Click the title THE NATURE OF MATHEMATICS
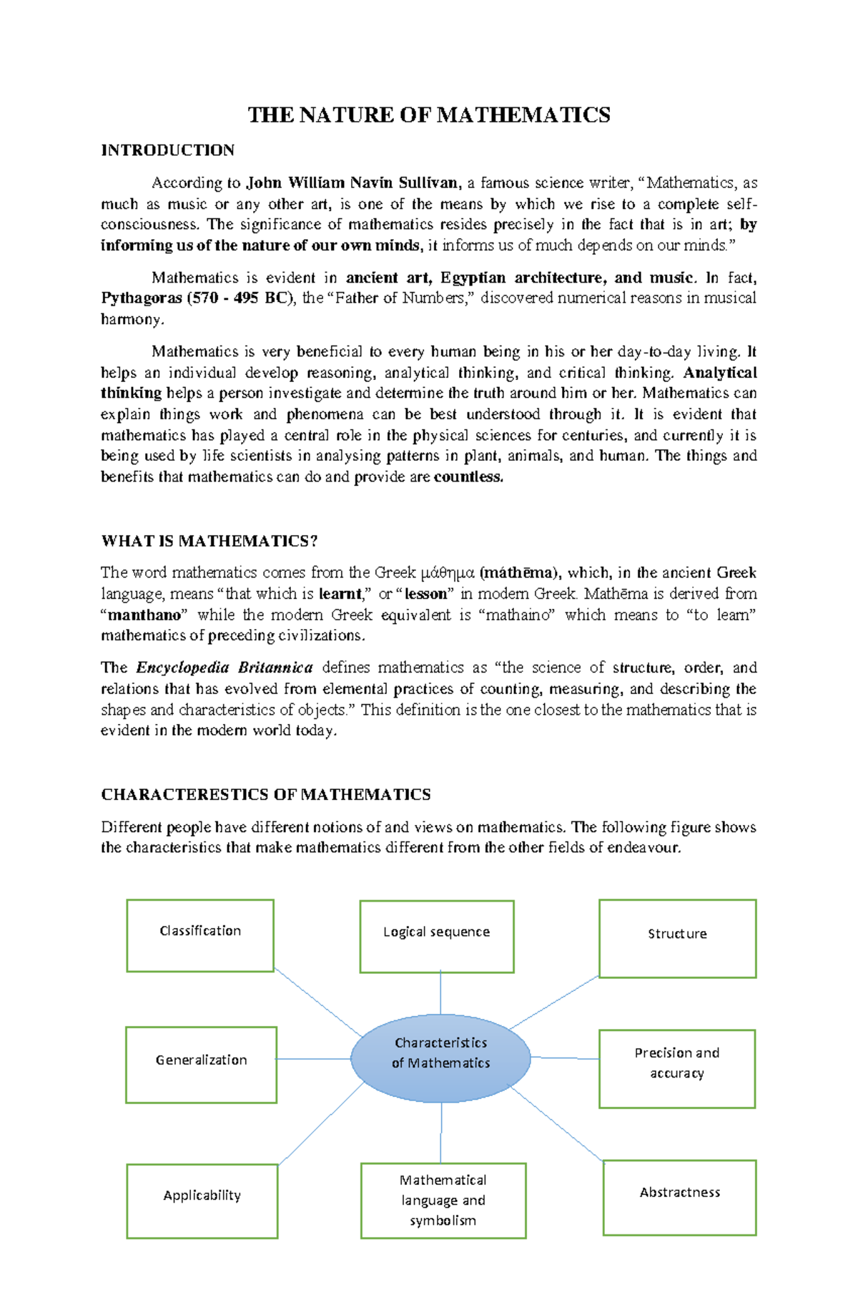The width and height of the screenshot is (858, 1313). [428, 115]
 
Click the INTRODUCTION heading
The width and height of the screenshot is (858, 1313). [167, 150]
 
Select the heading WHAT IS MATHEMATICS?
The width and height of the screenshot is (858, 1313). [209, 541]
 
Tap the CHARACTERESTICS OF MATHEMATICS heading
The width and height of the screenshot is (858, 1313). [265, 795]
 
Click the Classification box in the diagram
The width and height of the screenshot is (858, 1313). [200, 935]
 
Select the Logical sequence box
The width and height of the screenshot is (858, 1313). [436, 936]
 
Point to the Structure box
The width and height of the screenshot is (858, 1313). [677, 938]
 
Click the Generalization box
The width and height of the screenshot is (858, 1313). [201, 1065]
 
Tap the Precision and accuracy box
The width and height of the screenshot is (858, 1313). [676, 1068]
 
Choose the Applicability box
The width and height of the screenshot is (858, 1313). [202, 1200]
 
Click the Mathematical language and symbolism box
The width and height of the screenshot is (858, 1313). [443, 1200]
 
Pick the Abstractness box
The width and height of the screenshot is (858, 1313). [679, 1197]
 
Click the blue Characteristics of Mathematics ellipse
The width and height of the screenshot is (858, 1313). [440, 1058]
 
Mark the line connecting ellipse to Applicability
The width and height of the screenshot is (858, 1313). [322, 1123]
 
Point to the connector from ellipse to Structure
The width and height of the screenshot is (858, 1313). [554, 1002]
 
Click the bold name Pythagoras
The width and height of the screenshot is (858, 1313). [142, 298]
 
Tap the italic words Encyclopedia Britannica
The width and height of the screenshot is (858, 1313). [224, 668]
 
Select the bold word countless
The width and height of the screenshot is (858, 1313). [468, 477]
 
